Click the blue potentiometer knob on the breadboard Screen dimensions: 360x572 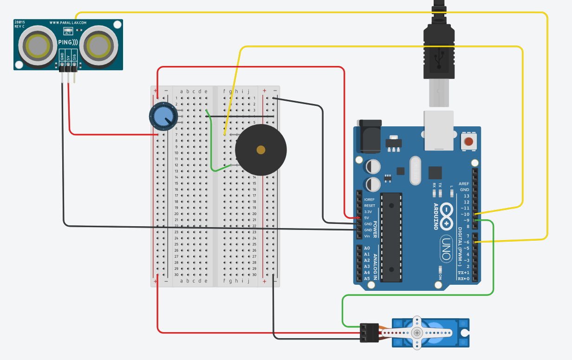(163, 116)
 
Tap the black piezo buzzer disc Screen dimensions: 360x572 (261, 150)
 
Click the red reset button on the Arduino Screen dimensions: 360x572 (468, 141)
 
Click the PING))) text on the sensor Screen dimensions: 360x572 (68, 42)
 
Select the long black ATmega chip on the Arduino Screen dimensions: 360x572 (390, 237)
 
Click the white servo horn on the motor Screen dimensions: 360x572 (418, 333)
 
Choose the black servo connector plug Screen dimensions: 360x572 (370, 333)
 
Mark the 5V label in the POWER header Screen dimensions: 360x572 (367, 218)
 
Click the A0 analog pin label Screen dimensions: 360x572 (367, 249)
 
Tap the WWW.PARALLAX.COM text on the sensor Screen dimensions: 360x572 (68, 22)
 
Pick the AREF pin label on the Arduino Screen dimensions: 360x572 (464, 184)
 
